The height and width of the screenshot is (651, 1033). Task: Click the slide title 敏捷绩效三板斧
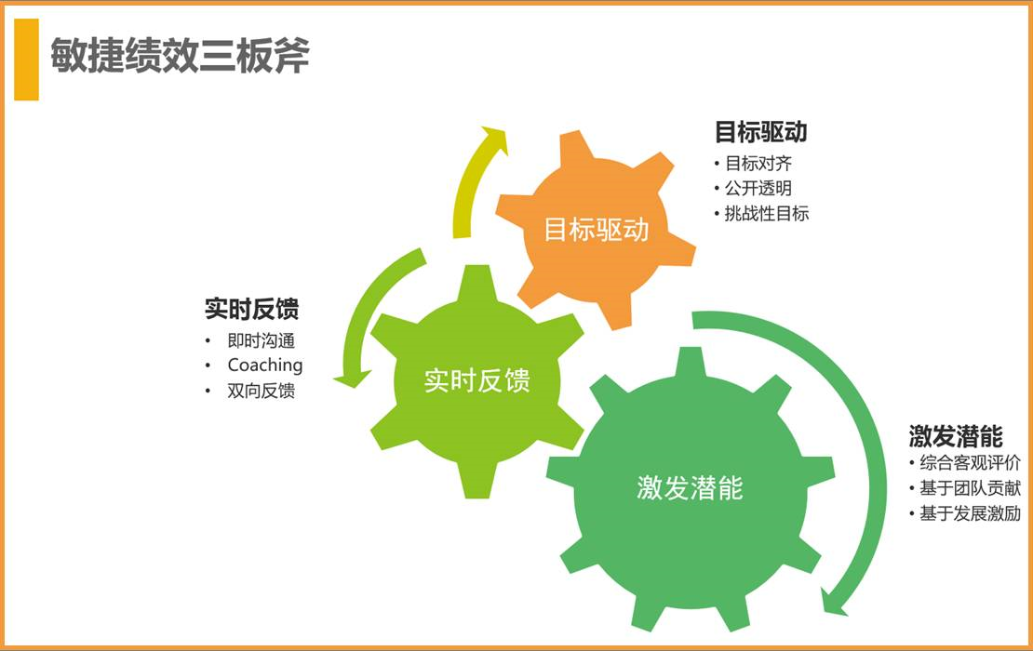click(x=180, y=55)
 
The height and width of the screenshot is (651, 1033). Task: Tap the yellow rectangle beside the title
click(x=26, y=60)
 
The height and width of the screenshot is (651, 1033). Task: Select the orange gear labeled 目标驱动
click(x=596, y=230)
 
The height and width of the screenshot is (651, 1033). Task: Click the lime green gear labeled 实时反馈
click(x=477, y=381)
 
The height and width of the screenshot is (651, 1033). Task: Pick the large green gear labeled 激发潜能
click(x=690, y=488)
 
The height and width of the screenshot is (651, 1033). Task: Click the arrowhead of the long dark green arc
click(x=833, y=603)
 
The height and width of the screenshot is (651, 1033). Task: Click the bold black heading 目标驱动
click(x=761, y=132)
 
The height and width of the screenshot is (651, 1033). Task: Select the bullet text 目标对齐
click(x=758, y=164)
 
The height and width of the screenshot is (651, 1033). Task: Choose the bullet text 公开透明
click(x=758, y=188)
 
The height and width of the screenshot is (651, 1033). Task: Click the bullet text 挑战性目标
click(x=767, y=213)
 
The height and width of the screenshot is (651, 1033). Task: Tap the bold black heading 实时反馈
click(x=251, y=309)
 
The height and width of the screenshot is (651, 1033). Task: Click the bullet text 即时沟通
click(x=261, y=340)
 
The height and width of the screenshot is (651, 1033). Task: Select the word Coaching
click(x=265, y=365)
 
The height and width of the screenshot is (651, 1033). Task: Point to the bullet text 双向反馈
click(x=261, y=391)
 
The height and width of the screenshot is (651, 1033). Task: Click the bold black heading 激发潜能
click(x=956, y=436)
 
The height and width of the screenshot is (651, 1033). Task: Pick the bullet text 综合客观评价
click(x=971, y=463)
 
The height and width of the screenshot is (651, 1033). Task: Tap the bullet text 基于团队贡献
click(x=971, y=487)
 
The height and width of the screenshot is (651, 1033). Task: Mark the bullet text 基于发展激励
click(x=971, y=512)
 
